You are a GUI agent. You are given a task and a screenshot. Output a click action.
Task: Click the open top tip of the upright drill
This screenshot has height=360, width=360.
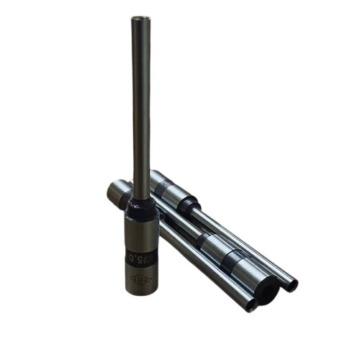click(141, 19)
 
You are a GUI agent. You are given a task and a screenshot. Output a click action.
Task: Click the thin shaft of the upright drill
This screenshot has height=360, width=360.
click(141, 108)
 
